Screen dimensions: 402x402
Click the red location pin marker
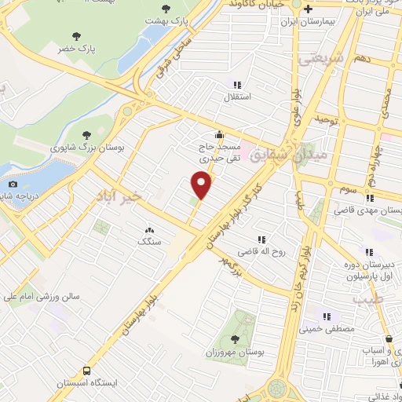(x=203, y=185)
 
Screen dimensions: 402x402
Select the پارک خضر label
(x=76, y=49)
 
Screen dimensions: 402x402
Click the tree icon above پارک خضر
(x=76, y=35)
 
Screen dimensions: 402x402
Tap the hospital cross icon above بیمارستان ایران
(x=310, y=10)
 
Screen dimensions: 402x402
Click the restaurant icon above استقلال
(x=236, y=84)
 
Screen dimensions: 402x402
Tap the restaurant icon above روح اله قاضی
(x=261, y=239)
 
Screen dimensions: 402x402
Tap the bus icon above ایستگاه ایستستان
(x=86, y=371)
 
